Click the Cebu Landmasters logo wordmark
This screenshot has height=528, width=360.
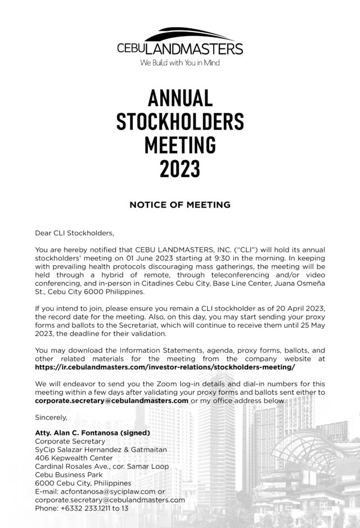(180, 48)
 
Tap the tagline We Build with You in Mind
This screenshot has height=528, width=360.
(180, 63)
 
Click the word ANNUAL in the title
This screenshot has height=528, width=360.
(180, 98)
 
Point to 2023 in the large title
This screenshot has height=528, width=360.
(180, 167)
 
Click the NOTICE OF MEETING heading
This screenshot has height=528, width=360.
(180, 205)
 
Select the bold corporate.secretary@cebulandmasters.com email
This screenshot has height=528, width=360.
(111, 400)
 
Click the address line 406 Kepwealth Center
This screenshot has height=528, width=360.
(74, 458)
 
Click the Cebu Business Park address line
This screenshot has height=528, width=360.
(67, 475)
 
